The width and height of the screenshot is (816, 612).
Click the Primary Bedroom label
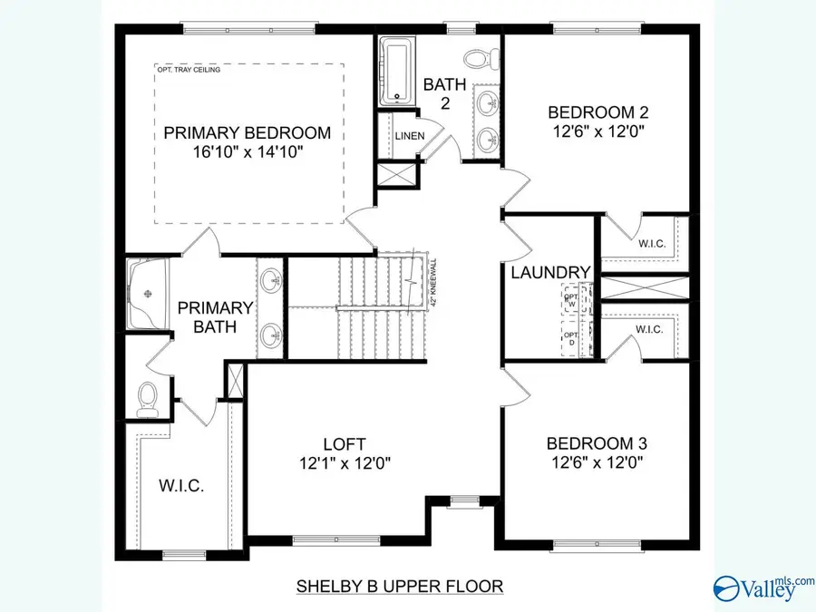point(248,133)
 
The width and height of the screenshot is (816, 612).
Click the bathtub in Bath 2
point(396,70)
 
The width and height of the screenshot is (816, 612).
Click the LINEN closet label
point(405,136)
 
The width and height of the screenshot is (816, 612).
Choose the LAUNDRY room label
point(550,272)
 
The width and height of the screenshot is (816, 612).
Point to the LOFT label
point(345,443)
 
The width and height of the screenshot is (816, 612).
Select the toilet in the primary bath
point(149,399)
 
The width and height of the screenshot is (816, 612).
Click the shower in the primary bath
point(147,295)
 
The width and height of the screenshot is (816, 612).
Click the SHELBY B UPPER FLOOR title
point(399,586)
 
